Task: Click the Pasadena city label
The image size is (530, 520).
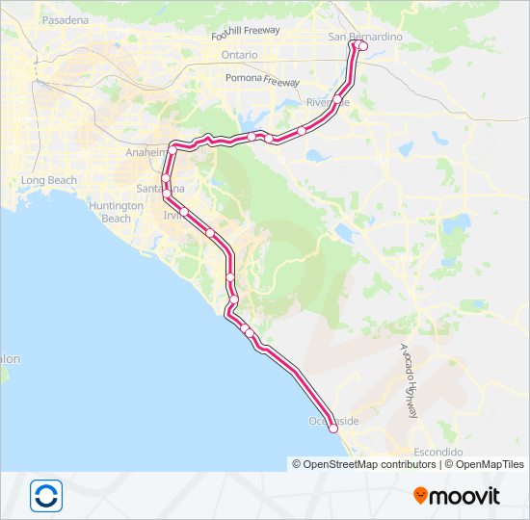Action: [x=65, y=19]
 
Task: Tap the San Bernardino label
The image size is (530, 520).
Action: [x=365, y=37]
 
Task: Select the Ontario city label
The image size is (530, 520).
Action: [x=239, y=55]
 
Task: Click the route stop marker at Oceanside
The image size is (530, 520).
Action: [x=333, y=429]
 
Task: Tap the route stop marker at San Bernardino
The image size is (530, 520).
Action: [x=362, y=45]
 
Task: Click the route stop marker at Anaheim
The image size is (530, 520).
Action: [x=173, y=149]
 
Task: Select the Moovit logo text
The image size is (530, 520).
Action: [x=464, y=497]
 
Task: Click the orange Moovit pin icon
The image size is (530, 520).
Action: [x=420, y=496]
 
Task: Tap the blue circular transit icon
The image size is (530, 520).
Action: [x=45, y=495]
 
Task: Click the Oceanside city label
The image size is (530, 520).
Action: [x=333, y=421]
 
